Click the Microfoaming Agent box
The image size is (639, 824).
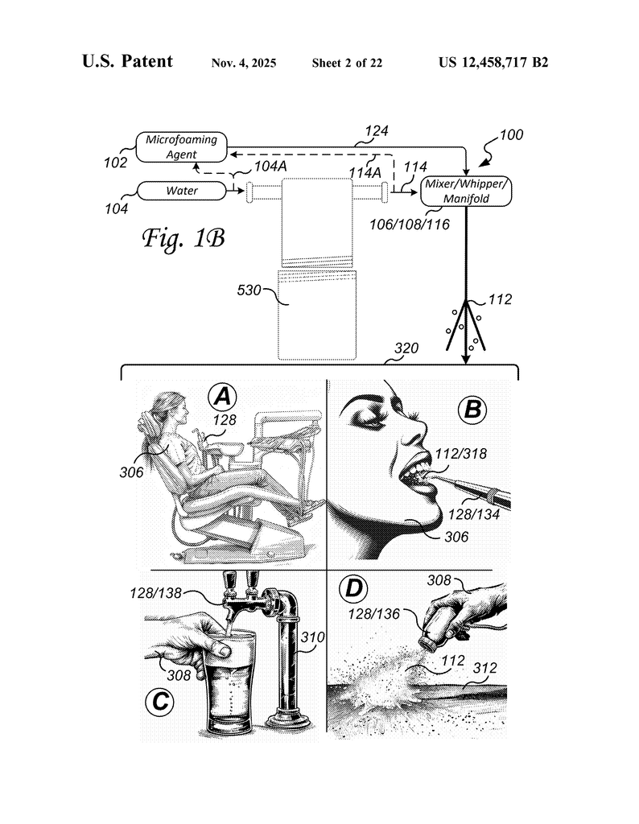point(182,146)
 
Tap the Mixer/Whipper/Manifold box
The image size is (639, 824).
point(465,191)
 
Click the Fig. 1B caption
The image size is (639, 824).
point(183,237)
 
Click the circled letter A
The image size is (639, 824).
point(223,396)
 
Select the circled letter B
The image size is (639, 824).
point(472,410)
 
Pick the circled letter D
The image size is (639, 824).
point(353,590)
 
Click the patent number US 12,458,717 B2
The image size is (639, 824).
point(493,62)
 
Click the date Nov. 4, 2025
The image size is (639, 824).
point(244,63)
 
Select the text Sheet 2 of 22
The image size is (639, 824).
point(347,63)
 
